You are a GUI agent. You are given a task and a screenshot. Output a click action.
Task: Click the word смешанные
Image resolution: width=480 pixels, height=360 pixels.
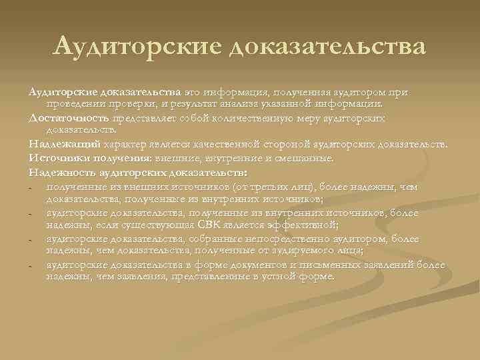313,158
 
